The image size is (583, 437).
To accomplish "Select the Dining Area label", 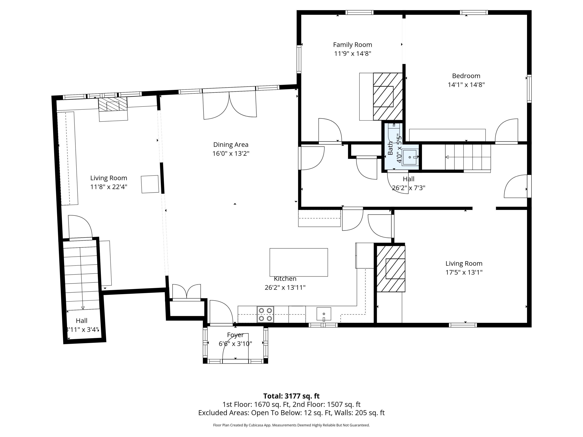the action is (x=231, y=145).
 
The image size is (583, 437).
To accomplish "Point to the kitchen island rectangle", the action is (x=299, y=262).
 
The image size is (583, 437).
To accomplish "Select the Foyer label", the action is (x=235, y=335).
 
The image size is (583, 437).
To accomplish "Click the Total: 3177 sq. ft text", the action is (x=291, y=396).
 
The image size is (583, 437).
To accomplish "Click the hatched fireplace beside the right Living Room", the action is (x=391, y=269).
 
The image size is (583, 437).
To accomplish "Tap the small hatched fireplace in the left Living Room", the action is (x=113, y=104).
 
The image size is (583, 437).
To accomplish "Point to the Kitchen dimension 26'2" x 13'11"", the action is (x=285, y=287).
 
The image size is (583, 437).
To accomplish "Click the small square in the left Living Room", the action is (x=150, y=184).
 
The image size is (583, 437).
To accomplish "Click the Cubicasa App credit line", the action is (x=291, y=425).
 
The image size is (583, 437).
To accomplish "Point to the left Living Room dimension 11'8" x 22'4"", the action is (x=109, y=187).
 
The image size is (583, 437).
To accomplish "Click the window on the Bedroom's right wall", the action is (x=529, y=89).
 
